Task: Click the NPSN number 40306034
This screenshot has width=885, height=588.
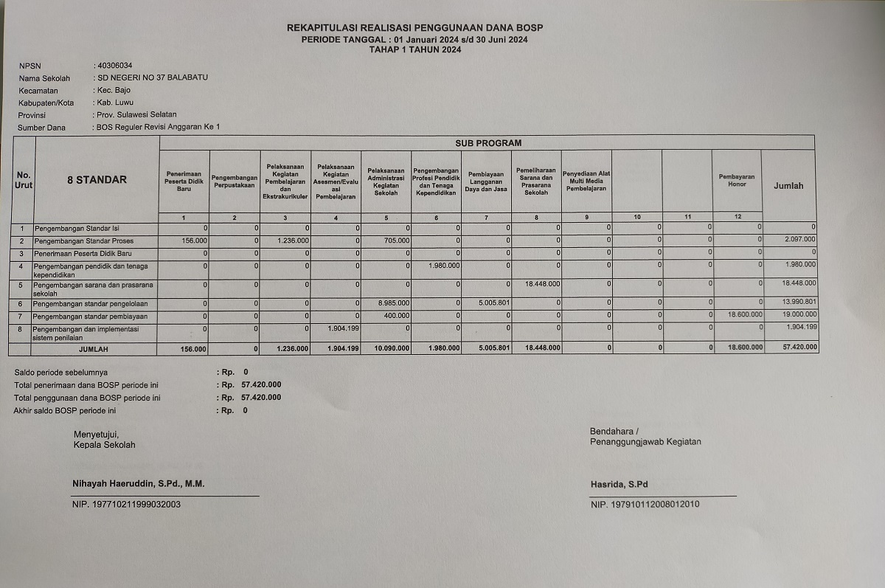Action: click(x=115, y=66)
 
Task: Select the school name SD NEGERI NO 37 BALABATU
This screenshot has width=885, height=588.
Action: click(x=153, y=77)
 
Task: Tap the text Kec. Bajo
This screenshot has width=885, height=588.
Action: click(x=114, y=90)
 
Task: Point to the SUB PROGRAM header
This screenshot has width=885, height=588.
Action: click(x=487, y=142)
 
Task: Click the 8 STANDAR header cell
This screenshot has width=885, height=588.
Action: click(x=97, y=179)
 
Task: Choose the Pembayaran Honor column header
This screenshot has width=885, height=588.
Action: click(x=737, y=181)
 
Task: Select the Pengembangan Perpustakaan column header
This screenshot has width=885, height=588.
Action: click(x=235, y=181)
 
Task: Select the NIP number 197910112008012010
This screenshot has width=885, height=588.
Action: click(x=645, y=505)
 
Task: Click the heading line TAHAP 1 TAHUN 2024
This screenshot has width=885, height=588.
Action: click(x=415, y=49)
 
